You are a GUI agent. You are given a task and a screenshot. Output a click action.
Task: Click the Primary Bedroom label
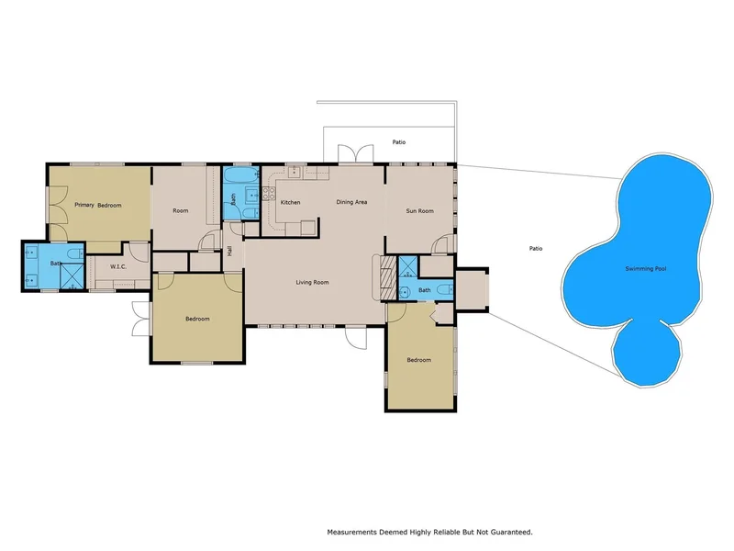tap(98, 205)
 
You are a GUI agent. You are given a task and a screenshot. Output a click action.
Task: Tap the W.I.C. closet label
tap(118, 266)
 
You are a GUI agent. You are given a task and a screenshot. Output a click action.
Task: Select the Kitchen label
tap(290, 202)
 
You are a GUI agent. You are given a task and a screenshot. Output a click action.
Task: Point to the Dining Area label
tap(351, 202)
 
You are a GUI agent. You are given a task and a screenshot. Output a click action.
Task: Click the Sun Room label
tap(420, 211)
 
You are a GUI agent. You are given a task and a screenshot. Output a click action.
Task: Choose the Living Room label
tap(312, 282)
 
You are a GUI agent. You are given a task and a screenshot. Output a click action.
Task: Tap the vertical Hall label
tap(230, 251)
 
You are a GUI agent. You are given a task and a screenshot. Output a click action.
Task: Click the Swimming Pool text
tap(646, 268)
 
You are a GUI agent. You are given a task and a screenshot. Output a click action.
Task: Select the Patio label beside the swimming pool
tap(536, 248)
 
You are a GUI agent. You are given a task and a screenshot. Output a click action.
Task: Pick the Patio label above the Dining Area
tap(399, 142)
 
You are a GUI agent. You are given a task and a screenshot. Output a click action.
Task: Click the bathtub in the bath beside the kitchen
tap(240, 175)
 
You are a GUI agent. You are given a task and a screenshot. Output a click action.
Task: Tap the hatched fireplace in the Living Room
tap(388, 277)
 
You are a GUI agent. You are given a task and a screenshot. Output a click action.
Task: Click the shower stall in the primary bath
tap(72, 276)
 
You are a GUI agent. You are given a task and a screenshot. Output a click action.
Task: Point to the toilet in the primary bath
tap(75, 254)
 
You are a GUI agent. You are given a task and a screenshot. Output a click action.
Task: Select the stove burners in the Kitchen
tap(269, 193)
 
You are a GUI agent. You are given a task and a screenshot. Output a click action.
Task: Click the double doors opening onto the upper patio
tap(356, 153)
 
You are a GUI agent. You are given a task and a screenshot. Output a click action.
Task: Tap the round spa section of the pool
tap(647, 353)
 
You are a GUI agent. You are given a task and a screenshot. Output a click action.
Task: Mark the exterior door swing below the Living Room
tap(356, 338)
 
